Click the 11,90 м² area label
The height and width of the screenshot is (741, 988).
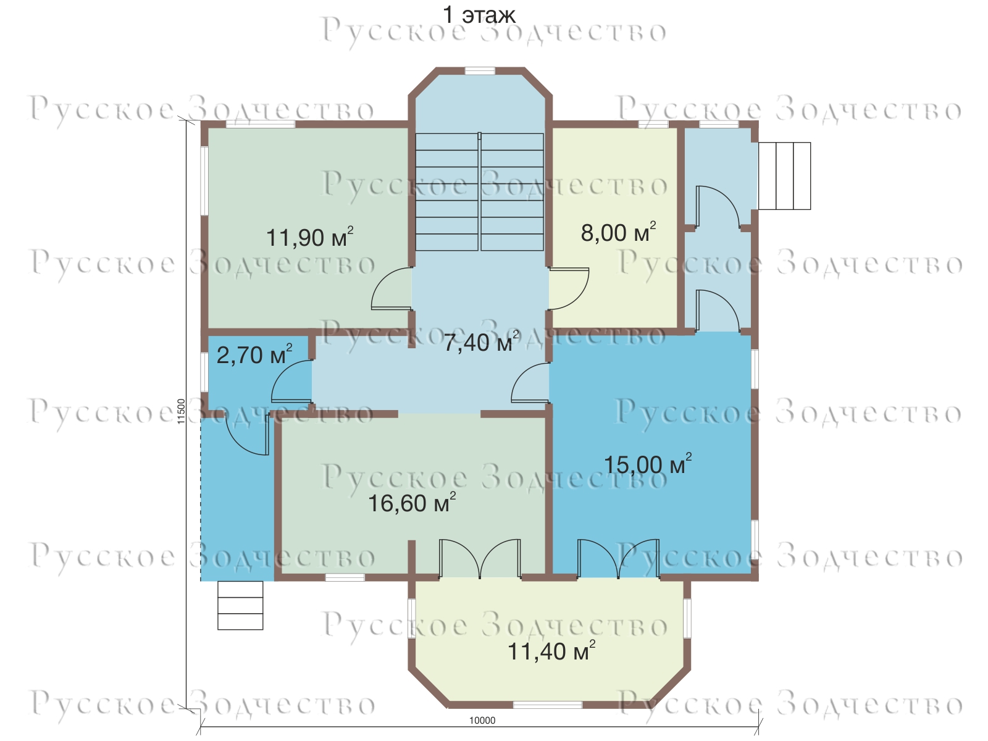click(x=310, y=237)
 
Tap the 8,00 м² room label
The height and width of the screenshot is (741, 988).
click(x=619, y=232)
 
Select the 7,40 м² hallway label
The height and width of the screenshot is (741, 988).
click(x=481, y=341)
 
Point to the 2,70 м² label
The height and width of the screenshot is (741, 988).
click(x=254, y=354)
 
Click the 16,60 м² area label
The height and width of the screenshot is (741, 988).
click(x=412, y=502)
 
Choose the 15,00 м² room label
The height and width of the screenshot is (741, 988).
click(x=648, y=464)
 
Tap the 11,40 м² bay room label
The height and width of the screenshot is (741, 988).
click(x=551, y=650)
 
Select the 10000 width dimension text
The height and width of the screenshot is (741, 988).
click(x=482, y=720)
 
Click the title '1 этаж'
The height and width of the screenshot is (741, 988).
click(x=479, y=15)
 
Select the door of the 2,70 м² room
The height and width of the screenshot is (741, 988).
click(x=291, y=380)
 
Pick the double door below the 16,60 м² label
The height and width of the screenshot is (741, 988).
click(x=480, y=558)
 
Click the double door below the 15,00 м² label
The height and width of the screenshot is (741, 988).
click(x=619, y=558)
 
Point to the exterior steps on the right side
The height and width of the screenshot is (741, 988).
click(x=784, y=176)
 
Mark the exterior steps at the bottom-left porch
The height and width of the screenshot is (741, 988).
click(x=240, y=605)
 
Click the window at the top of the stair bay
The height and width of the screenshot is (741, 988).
click(x=480, y=70)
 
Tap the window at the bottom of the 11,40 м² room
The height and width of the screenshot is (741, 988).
click(x=547, y=705)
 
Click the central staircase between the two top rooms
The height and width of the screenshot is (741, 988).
click(x=479, y=191)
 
